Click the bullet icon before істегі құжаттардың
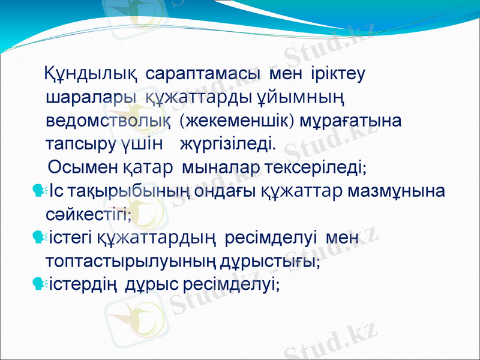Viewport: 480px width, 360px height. pos(40,239)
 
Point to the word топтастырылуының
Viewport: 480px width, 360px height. pos(117,262)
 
